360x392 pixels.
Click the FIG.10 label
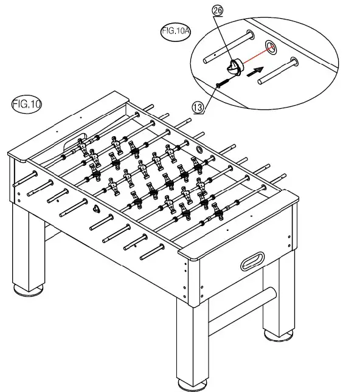[26, 104]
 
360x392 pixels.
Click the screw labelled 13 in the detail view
[222, 81]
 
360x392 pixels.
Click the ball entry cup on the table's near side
[97, 208]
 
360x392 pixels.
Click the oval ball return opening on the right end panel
[254, 263]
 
